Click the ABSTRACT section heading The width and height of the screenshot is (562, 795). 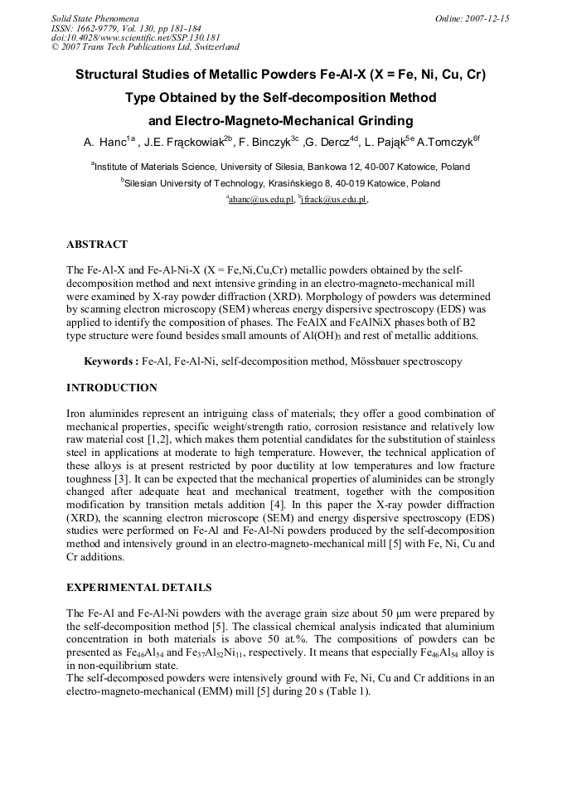96,245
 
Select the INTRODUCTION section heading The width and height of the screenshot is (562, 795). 111,388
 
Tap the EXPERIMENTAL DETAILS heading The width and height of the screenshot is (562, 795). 138,588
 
